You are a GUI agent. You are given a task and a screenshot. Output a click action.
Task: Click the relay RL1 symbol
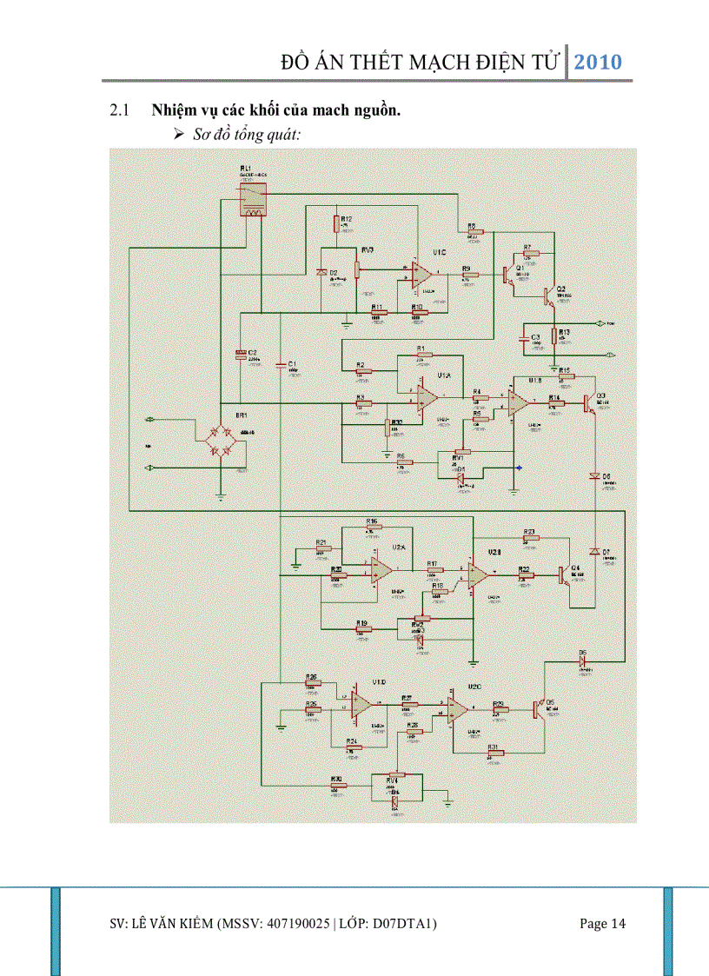pos(253,201)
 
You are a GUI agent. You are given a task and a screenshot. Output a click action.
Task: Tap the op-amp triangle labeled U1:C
pos(422,275)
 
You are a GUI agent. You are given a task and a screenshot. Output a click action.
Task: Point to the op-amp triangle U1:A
pos(427,397)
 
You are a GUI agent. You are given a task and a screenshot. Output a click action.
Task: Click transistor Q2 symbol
pos(548,296)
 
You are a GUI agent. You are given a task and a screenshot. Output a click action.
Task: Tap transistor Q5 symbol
pos(539,708)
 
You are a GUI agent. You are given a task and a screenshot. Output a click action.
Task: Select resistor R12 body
pos(336,223)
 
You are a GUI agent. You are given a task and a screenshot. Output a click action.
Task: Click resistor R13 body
pos(553,336)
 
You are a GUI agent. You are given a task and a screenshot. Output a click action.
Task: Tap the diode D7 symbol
pos(595,553)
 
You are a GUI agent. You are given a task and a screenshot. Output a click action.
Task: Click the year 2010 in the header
pos(599,62)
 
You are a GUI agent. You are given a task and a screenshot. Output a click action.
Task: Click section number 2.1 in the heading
pos(118,110)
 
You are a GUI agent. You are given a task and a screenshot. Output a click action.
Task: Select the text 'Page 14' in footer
pos(602,924)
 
